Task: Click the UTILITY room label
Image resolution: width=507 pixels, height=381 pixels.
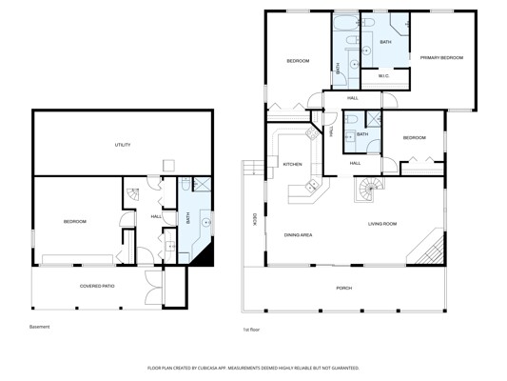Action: tap(123, 145)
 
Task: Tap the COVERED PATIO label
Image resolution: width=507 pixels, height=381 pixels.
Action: tap(97, 286)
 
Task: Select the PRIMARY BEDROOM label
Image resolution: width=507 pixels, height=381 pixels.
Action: tap(441, 57)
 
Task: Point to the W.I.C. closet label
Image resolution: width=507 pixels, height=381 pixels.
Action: tap(383, 76)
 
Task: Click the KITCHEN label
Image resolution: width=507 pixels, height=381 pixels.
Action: tap(292, 165)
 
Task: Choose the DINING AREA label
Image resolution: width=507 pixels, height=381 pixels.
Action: tap(298, 235)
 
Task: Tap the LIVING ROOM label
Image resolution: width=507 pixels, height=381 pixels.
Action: tap(382, 224)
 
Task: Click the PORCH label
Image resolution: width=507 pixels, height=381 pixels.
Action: tap(344, 288)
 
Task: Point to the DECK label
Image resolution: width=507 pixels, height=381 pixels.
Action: tap(254, 219)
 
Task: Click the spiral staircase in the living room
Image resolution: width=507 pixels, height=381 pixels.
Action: tap(369, 189)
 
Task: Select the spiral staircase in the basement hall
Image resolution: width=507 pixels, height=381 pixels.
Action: tap(133, 194)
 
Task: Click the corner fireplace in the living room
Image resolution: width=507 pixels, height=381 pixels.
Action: tap(426, 247)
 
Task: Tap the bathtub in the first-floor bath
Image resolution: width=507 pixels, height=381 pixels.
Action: tap(344, 23)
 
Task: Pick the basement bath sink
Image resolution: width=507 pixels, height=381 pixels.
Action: tap(205, 222)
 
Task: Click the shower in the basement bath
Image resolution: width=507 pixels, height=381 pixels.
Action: tap(202, 184)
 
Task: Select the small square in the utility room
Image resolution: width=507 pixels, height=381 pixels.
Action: tap(168, 166)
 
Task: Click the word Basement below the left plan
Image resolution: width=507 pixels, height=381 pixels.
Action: tap(39, 327)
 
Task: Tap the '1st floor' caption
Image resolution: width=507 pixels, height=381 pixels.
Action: tap(251, 330)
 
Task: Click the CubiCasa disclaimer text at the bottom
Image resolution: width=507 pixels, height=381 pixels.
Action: tap(253, 368)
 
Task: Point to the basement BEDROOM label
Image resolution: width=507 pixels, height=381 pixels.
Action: tap(75, 222)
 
